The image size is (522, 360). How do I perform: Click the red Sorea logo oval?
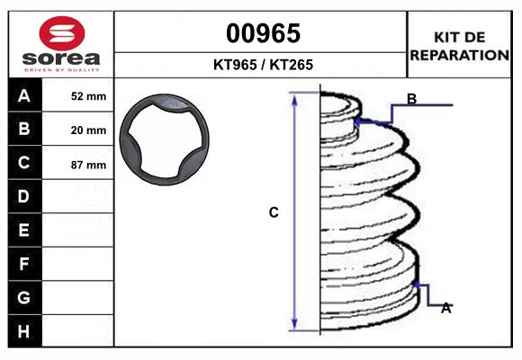[62, 33]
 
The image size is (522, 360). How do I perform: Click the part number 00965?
[263, 33]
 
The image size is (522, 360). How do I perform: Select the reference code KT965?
[235, 65]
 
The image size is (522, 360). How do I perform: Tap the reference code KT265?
[292, 65]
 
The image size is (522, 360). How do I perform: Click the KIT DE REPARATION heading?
[459, 46]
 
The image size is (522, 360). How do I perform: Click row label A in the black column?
[24, 96]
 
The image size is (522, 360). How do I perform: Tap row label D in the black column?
[23, 196]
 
